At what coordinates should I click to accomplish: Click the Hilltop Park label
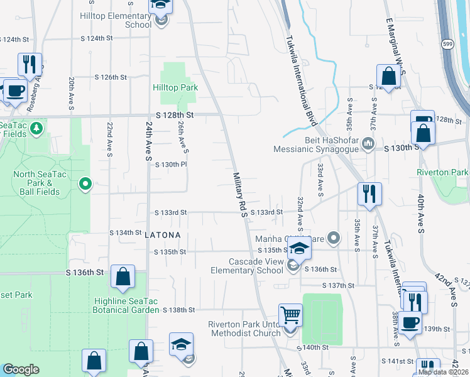175,88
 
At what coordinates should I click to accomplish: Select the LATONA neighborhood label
163,235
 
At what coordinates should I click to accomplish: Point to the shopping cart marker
290,315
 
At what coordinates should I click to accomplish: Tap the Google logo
20,369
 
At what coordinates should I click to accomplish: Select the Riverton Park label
442,172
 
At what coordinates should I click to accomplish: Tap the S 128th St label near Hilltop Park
175,116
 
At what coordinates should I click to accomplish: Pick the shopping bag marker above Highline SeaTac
123,276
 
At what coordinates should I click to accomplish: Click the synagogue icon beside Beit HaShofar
369,146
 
